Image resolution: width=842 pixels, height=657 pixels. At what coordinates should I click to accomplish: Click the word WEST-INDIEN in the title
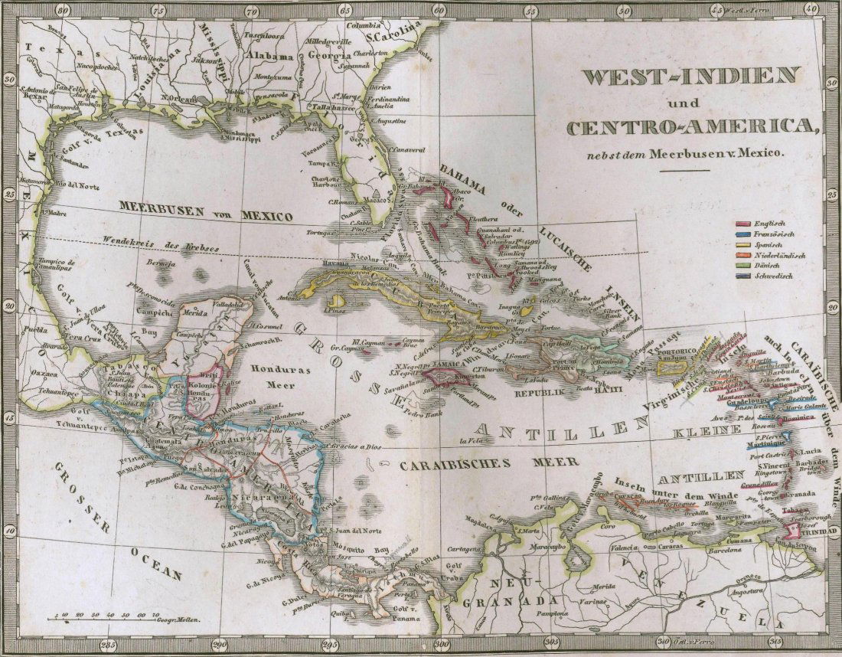point(691,77)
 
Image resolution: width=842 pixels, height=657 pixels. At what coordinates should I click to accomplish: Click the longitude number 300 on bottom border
point(440,644)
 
